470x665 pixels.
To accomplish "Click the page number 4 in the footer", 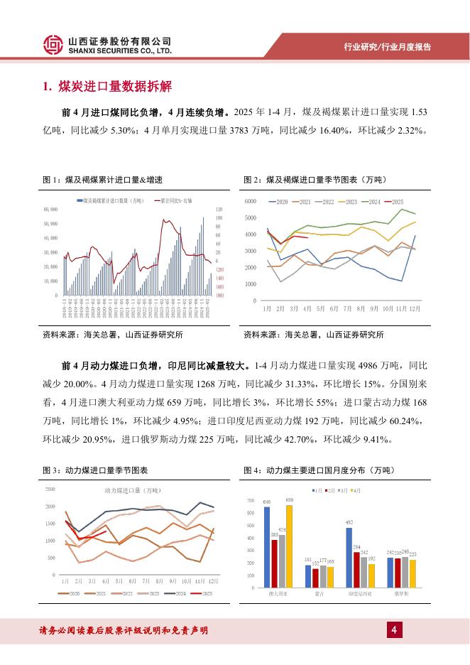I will click(x=392, y=629).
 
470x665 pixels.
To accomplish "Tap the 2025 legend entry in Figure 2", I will click(x=393, y=202).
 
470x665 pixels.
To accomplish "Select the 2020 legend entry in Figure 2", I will click(x=278, y=202).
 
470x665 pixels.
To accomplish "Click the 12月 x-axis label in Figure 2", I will click(x=414, y=308).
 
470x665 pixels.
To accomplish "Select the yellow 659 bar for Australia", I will click(x=289, y=545).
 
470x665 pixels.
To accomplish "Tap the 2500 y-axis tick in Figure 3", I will click(x=50, y=490).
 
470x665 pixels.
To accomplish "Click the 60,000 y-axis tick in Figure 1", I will click(x=51, y=209).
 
